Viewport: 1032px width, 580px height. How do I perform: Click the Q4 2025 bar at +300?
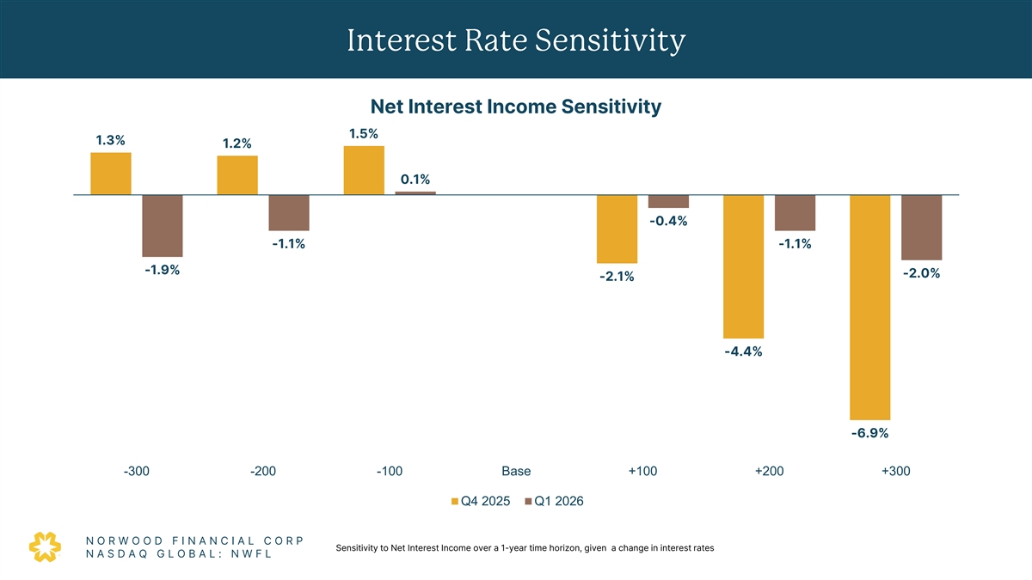870,307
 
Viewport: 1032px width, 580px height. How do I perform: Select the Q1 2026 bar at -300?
163,226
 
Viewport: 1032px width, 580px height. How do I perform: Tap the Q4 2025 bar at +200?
744,266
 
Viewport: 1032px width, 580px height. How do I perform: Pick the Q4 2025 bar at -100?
364,170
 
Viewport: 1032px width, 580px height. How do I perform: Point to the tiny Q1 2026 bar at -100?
415,193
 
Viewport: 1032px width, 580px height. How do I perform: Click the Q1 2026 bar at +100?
668,201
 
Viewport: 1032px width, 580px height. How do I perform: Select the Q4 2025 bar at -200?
237,175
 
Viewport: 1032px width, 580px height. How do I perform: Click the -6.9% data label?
869,433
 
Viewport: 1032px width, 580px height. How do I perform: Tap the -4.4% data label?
743,351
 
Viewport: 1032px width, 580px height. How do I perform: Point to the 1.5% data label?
364,133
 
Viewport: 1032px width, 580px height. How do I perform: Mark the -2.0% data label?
921,274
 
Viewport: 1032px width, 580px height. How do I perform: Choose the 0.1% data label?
415,180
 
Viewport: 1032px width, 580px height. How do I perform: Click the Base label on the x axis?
516,471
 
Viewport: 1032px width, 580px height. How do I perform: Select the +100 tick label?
642,471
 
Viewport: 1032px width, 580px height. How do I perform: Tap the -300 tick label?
137,471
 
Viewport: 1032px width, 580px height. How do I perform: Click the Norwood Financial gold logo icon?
46,546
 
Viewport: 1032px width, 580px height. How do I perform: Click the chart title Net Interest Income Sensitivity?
515,107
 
